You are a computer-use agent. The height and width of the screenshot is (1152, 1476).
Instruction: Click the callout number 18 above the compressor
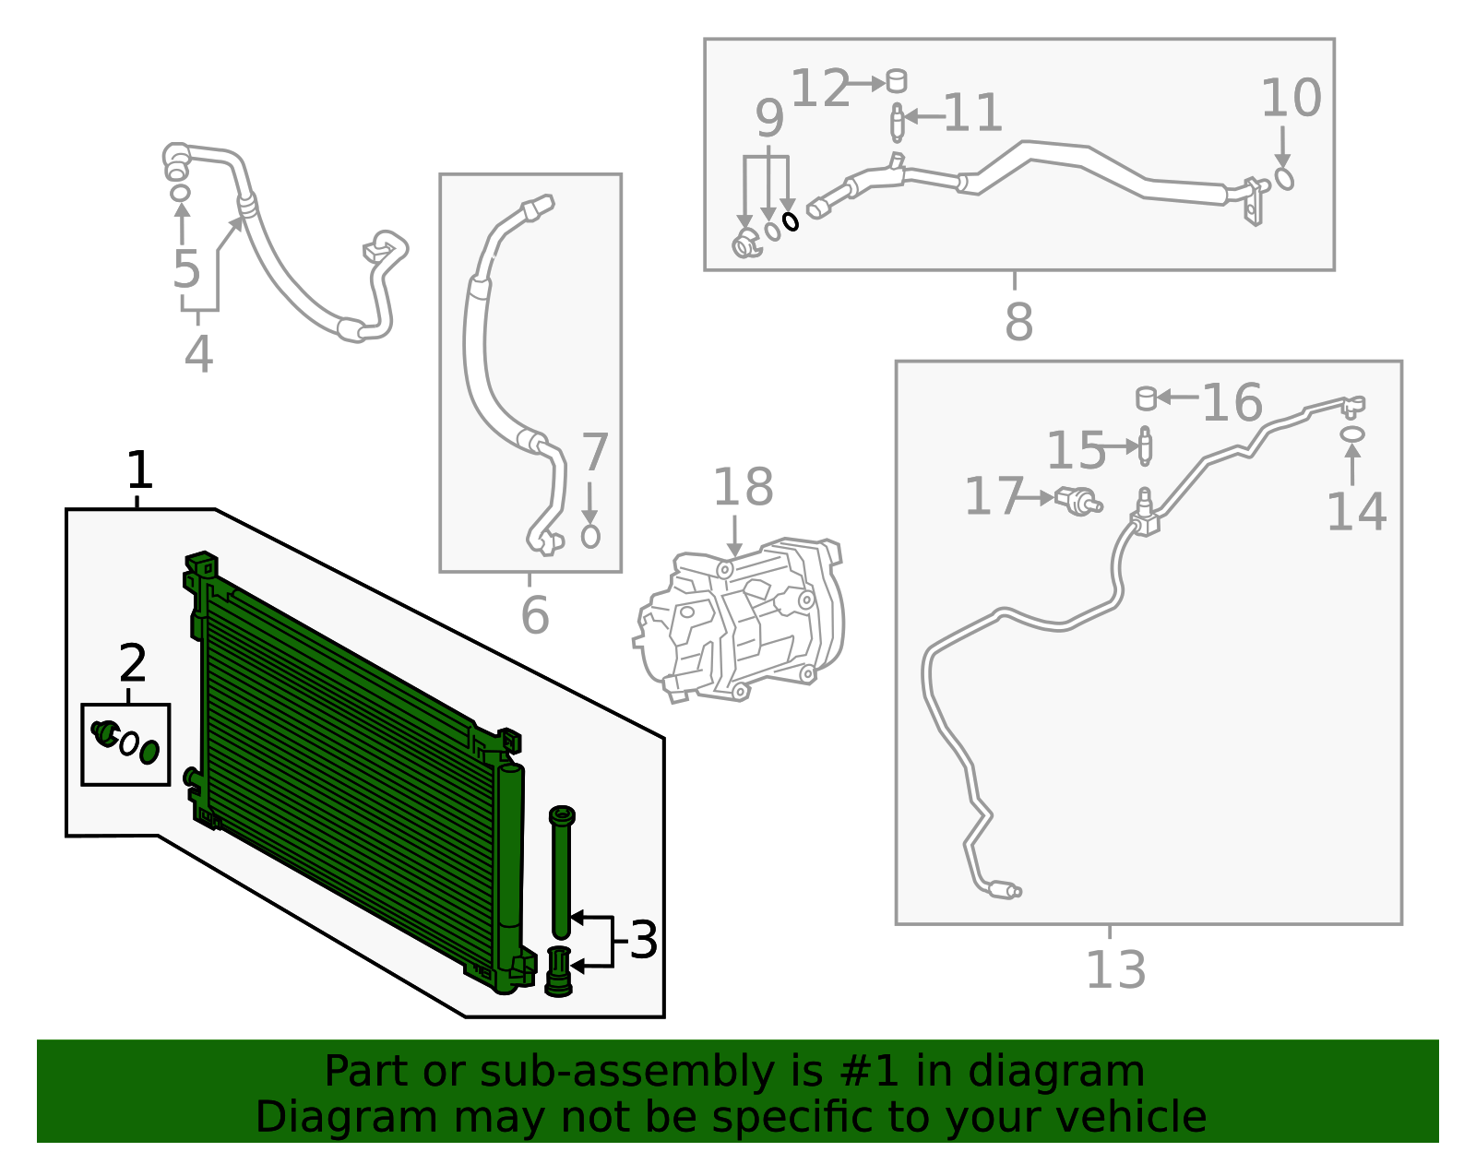pyautogui.click(x=743, y=487)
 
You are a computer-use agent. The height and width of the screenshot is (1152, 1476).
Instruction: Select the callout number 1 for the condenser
pyautogui.click(x=138, y=470)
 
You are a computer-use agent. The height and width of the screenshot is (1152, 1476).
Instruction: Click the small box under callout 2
pyautogui.click(x=125, y=744)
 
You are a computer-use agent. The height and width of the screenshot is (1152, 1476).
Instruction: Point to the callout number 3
pyautogui.click(x=643, y=940)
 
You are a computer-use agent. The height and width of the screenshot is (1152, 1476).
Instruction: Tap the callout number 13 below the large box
pyautogui.click(x=1115, y=969)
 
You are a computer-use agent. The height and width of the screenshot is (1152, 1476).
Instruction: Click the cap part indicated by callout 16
pyautogui.click(x=1146, y=398)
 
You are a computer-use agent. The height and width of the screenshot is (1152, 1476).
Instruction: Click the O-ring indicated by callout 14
pyautogui.click(x=1351, y=433)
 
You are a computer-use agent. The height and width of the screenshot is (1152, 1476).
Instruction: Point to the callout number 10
pyautogui.click(x=1291, y=98)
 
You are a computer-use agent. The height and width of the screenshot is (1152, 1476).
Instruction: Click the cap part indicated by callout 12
pyautogui.click(x=896, y=81)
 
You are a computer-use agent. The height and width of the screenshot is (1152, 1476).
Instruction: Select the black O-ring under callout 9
pyautogui.click(x=791, y=221)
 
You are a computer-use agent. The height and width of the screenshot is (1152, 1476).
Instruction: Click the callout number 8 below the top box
pyautogui.click(x=1018, y=322)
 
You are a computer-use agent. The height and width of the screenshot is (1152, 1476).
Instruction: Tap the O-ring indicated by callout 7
pyautogui.click(x=590, y=536)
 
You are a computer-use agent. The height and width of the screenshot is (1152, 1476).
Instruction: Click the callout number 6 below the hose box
pyautogui.click(x=534, y=615)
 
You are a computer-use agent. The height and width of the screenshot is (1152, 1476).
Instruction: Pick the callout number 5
pyautogui.click(x=186, y=269)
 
